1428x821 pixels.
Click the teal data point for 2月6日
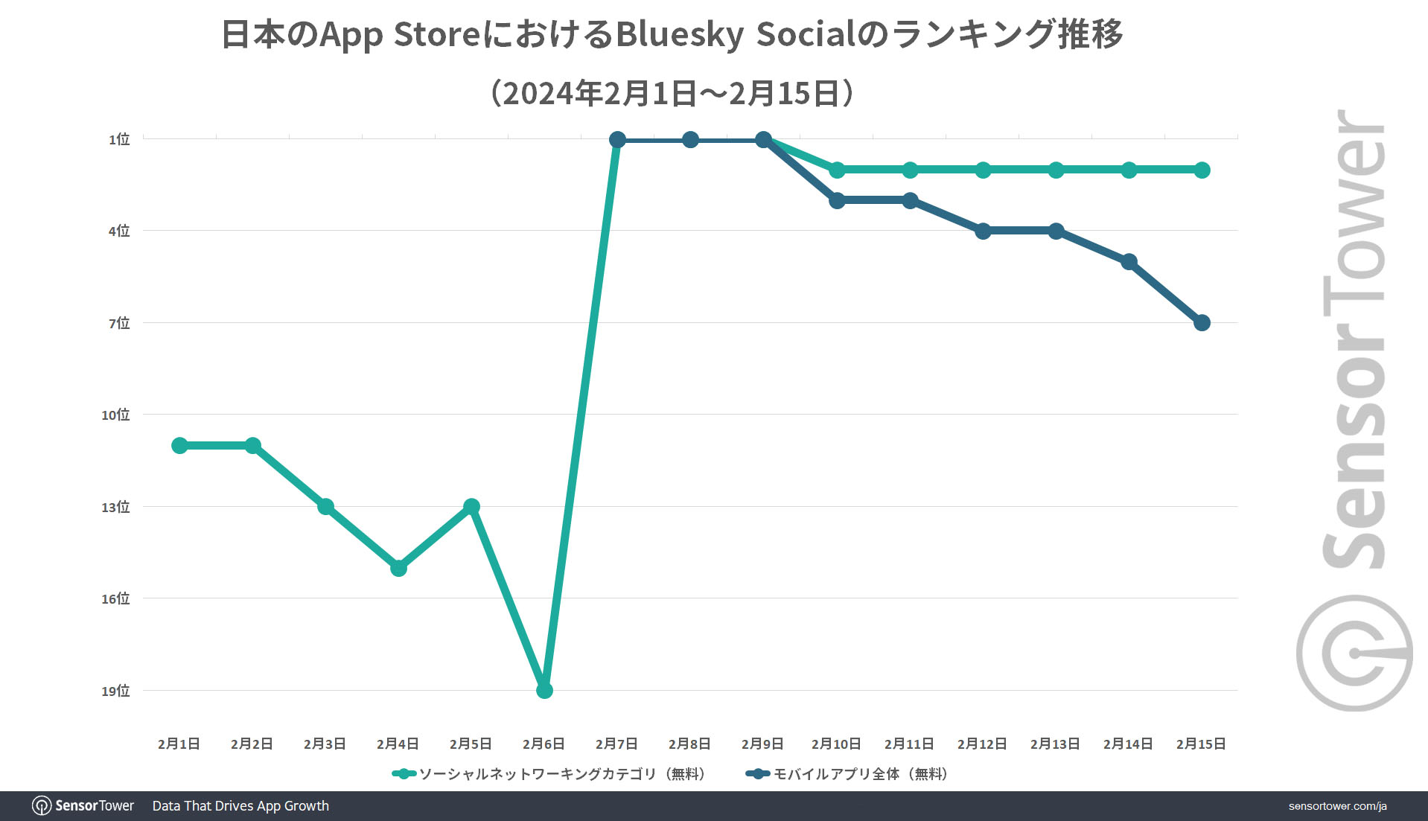click(544, 690)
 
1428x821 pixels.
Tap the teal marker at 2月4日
click(398, 568)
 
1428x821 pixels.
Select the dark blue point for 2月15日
click(1202, 322)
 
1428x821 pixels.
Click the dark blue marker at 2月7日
click(617, 140)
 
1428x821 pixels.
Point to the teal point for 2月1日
click(179, 445)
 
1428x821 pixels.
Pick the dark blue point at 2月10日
click(837, 200)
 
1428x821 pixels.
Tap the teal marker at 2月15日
click(1202, 170)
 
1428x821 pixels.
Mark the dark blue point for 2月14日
click(1129, 261)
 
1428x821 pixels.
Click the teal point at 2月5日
click(471, 507)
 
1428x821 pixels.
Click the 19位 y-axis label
click(115, 691)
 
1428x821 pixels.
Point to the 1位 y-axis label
click(119, 140)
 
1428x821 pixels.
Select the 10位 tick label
click(115, 415)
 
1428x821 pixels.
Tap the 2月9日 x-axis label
click(762, 744)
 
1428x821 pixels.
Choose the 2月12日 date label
click(982, 744)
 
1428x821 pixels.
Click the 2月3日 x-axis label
click(325, 744)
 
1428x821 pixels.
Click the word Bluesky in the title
click(680, 34)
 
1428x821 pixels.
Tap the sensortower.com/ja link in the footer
click(1337, 806)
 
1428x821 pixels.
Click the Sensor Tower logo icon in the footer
click(42, 806)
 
